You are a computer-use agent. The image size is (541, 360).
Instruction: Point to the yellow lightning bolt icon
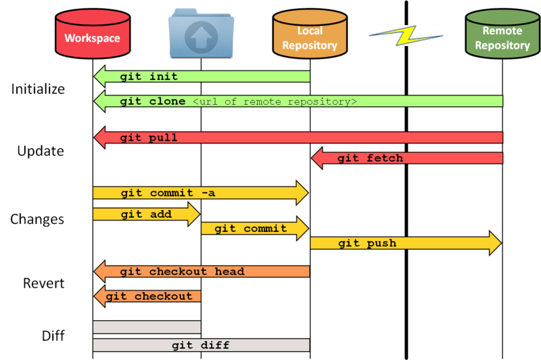click(x=405, y=36)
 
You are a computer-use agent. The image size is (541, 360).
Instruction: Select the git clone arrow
click(x=298, y=102)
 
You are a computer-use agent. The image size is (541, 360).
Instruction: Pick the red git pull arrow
click(x=298, y=138)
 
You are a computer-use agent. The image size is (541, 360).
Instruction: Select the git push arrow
click(x=406, y=243)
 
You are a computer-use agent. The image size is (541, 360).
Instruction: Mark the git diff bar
click(x=201, y=345)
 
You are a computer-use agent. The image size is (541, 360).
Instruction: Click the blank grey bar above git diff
click(x=147, y=327)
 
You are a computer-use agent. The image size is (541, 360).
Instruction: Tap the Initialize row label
click(x=38, y=89)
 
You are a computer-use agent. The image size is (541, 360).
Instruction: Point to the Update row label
click(x=41, y=151)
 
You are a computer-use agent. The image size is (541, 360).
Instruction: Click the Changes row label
click(x=37, y=219)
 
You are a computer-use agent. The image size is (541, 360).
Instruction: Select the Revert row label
click(x=43, y=283)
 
